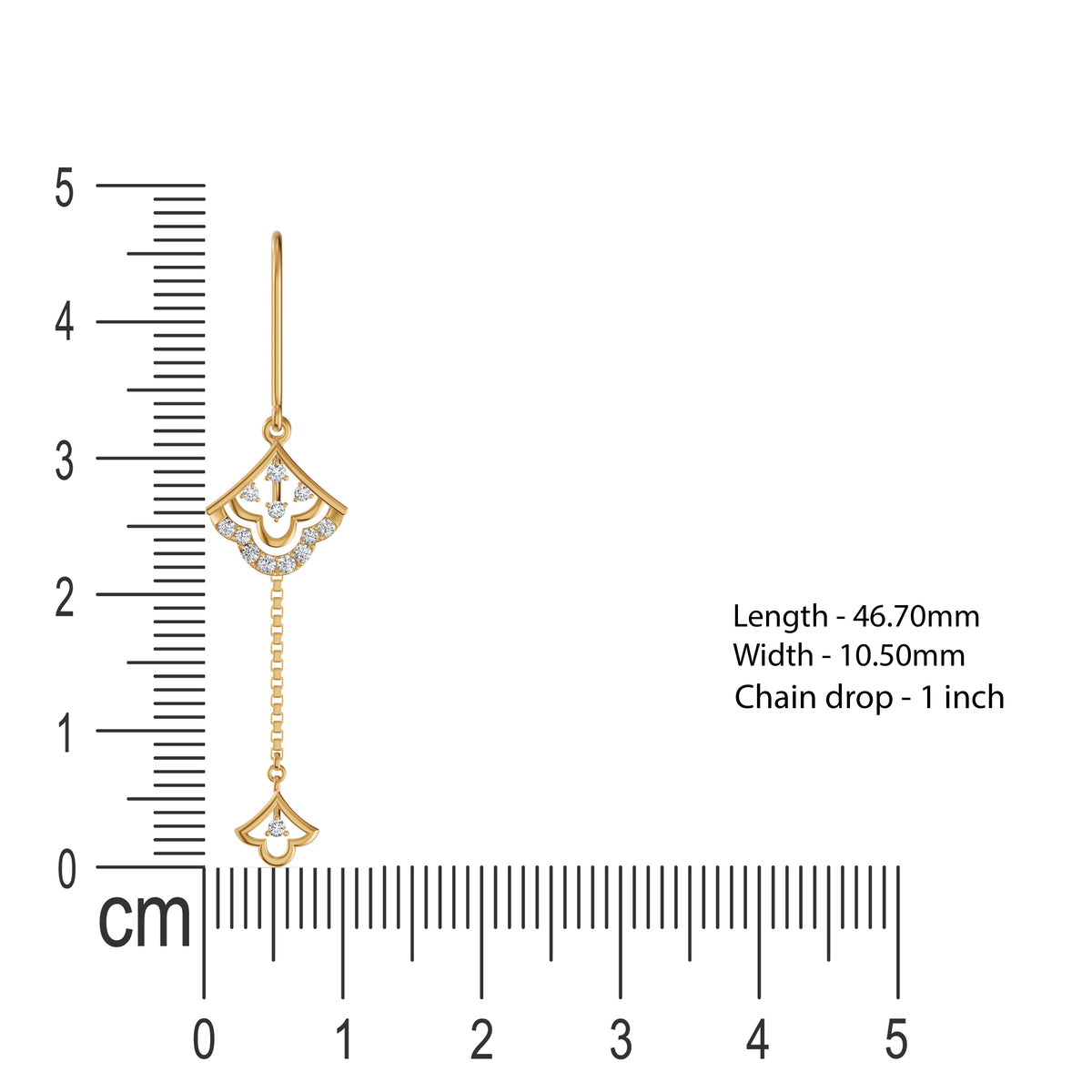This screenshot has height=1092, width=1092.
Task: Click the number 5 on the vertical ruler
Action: pos(64,187)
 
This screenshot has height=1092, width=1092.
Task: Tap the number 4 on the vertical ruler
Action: pos(64,321)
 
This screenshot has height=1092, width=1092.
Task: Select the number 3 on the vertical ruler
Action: pos(64,460)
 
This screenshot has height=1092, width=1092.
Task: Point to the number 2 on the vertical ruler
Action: pos(65,597)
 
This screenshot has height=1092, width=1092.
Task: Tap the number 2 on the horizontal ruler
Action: pos(481,1039)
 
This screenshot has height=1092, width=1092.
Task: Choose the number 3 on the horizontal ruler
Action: pos(622,1039)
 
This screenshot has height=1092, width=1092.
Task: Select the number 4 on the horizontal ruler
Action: pos(758,1039)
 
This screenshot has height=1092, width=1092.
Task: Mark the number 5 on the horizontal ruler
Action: pos(897,1039)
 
